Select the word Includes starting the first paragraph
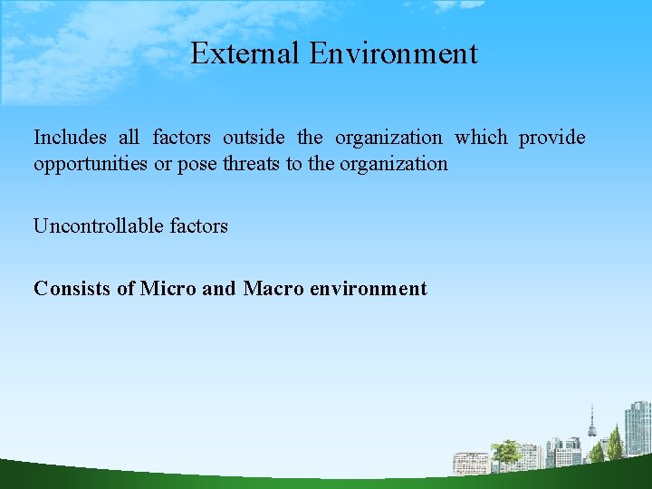[x=70, y=138]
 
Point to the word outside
[x=254, y=138]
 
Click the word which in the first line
[x=481, y=138]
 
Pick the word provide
[x=551, y=138]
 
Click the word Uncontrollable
[x=99, y=226]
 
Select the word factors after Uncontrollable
[x=198, y=226]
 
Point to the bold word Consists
[x=72, y=289]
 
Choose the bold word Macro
[x=273, y=289]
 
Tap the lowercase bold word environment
[x=369, y=289]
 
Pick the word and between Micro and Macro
[x=218, y=289]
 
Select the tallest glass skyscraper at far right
[x=638, y=428]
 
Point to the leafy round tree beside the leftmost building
[x=504, y=450]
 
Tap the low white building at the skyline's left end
[x=471, y=463]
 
